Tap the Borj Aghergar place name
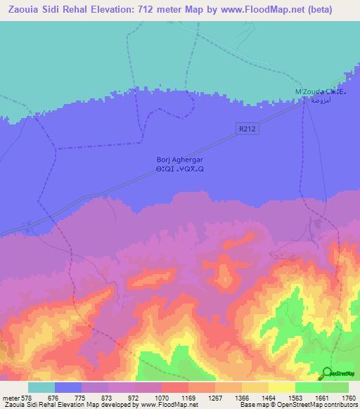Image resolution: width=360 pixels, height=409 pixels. (180, 160)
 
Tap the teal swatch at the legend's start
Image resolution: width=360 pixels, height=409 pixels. (41, 387)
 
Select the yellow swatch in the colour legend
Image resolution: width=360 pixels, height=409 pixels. (282, 387)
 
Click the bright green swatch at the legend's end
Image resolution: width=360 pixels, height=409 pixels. (335, 387)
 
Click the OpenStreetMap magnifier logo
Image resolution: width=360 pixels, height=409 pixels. (327, 373)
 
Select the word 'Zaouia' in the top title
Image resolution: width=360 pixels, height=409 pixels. (23, 10)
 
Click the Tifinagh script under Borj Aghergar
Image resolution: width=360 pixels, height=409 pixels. (180, 169)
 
